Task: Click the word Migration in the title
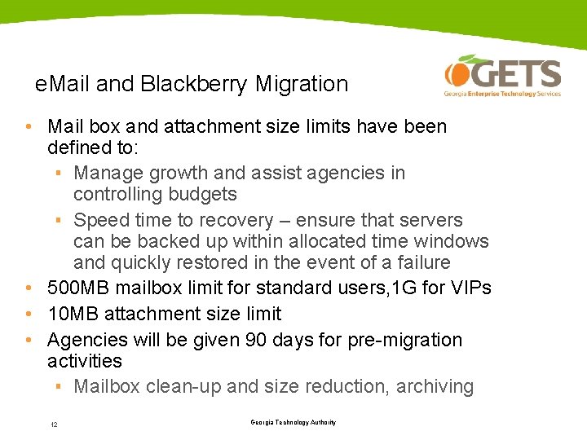click(302, 84)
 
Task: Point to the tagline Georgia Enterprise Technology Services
click(502, 94)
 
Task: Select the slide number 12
click(53, 425)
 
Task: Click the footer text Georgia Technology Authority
click(293, 422)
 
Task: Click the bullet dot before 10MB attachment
click(29, 314)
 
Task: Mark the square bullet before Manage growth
click(60, 173)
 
